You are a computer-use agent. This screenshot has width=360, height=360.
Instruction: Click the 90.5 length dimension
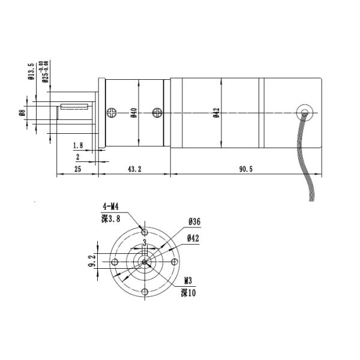[x=246, y=169]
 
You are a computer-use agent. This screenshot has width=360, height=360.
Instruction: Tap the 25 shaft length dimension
[x=77, y=169]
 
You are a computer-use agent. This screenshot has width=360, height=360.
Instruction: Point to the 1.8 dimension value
[x=77, y=146]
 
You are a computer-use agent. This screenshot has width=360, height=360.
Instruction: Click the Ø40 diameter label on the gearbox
[x=134, y=112]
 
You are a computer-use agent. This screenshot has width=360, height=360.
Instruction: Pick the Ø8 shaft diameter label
[x=22, y=112]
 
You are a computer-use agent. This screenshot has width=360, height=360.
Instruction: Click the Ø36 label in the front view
[x=194, y=221]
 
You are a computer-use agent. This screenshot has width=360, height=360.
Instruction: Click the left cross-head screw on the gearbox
[x=112, y=112]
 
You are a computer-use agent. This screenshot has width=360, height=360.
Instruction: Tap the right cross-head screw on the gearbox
[x=157, y=112]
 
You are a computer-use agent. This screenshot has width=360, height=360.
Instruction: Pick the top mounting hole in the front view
[x=144, y=233]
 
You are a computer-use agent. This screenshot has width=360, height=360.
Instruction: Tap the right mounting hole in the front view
[x=173, y=262]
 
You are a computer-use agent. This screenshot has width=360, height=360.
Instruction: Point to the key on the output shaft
[x=74, y=107]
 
